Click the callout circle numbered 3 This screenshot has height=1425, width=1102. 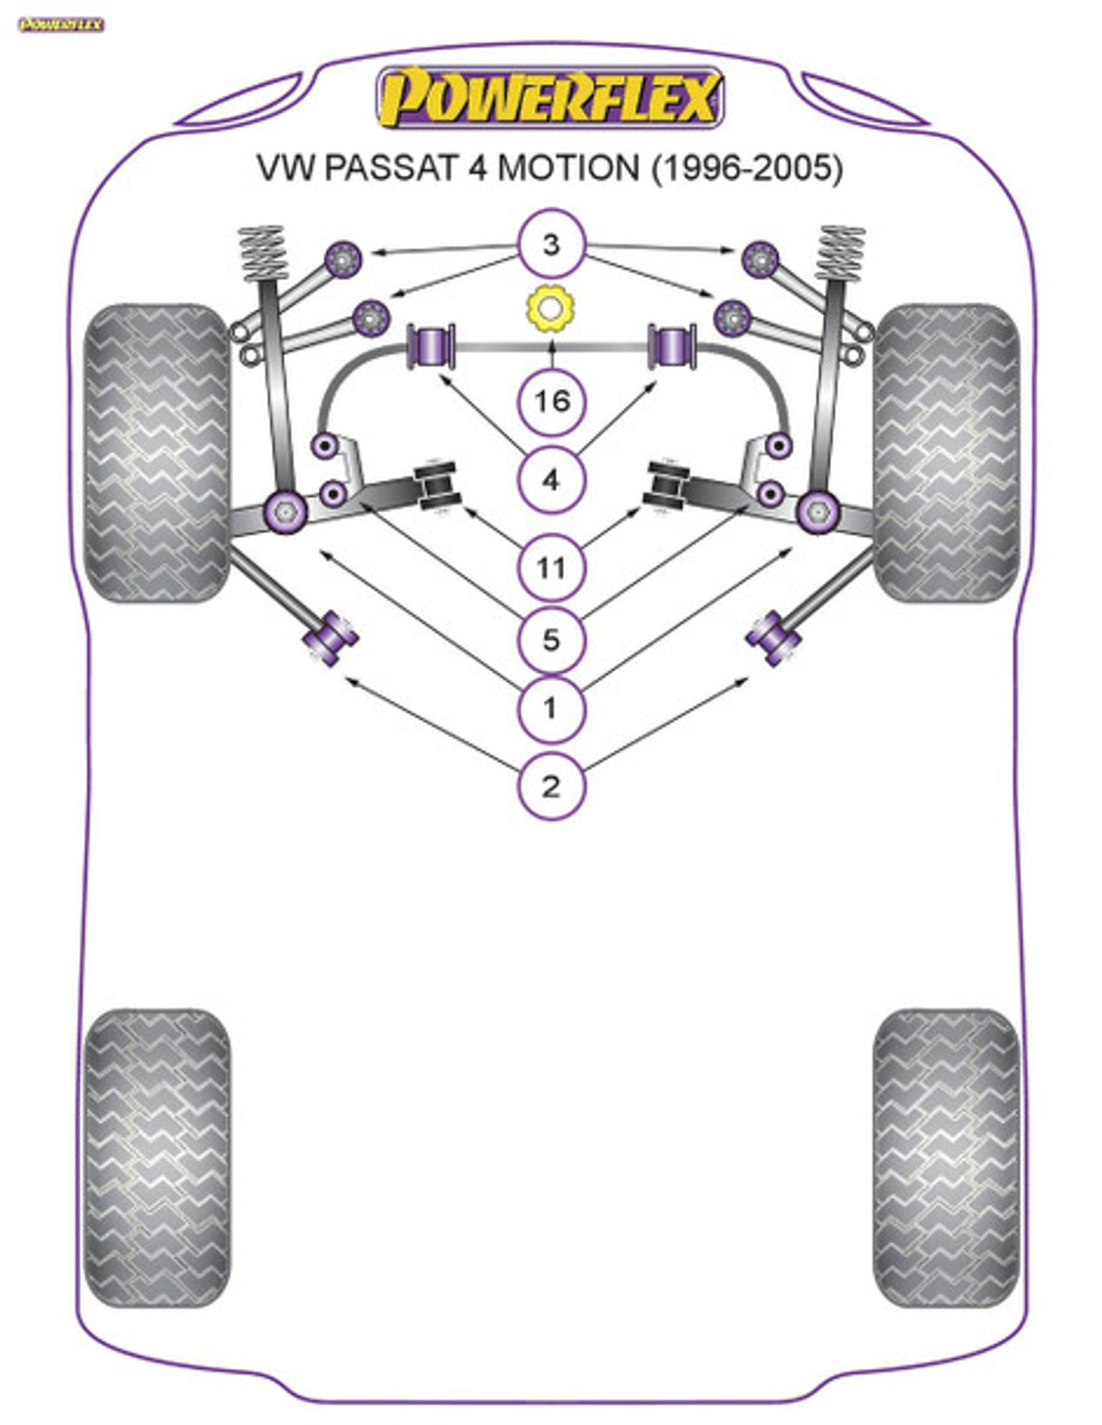(x=551, y=244)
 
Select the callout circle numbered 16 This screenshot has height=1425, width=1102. (x=551, y=401)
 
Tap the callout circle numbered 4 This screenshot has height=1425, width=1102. (x=551, y=479)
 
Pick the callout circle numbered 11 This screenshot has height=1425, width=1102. (x=551, y=567)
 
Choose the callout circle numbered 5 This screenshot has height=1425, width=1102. (x=551, y=639)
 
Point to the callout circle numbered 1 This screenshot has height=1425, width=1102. (x=551, y=708)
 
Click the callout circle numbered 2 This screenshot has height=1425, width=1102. (x=551, y=786)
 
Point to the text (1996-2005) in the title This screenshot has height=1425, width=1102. (x=747, y=168)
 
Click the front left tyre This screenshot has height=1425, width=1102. (x=156, y=453)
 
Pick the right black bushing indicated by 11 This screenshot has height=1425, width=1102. (x=669, y=486)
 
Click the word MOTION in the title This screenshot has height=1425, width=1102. (x=568, y=168)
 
